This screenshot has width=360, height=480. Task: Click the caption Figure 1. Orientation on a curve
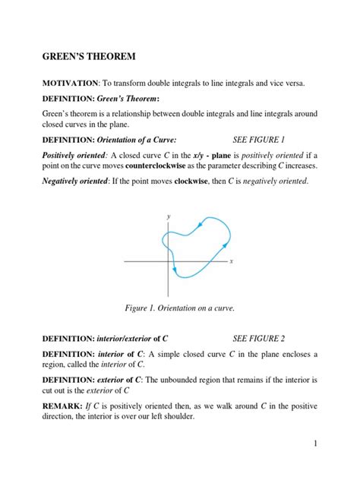pos(179,308)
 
